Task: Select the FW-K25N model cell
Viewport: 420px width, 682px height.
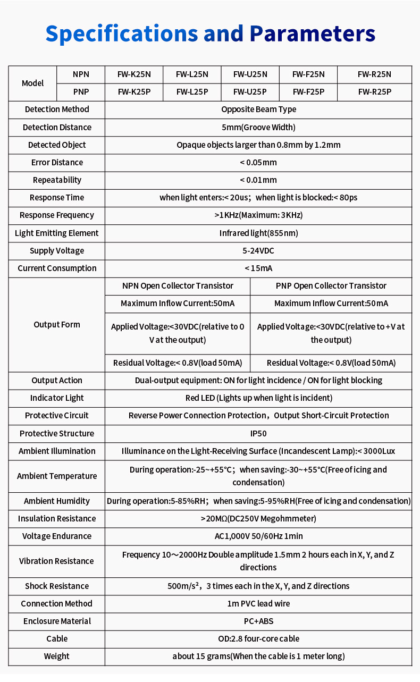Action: click(x=134, y=74)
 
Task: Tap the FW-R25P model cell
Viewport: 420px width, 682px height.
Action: click(x=374, y=92)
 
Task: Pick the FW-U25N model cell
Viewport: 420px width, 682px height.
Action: click(x=250, y=74)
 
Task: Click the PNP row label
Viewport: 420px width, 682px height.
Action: click(x=81, y=92)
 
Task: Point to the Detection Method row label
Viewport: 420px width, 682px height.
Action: click(x=57, y=110)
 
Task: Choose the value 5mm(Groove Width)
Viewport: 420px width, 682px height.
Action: click(x=258, y=127)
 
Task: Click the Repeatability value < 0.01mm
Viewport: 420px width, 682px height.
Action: click(x=258, y=180)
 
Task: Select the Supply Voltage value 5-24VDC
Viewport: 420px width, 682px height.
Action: click(x=258, y=250)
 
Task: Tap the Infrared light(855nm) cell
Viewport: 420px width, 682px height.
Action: click(x=258, y=233)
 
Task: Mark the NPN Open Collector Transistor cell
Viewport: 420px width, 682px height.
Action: click(x=178, y=286)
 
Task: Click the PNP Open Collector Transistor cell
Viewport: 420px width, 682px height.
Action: click(x=331, y=286)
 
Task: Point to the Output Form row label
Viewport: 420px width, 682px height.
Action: click(x=57, y=324)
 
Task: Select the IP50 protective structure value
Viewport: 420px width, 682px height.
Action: click(x=258, y=433)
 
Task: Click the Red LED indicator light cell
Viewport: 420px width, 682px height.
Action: click(x=258, y=398)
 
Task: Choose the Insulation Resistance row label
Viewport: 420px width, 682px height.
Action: click(x=57, y=518)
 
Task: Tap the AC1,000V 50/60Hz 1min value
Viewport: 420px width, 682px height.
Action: click(x=258, y=536)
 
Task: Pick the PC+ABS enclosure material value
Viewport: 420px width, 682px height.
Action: click(x=258, y=621)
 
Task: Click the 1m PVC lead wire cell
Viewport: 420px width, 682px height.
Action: click(x=258, y=603)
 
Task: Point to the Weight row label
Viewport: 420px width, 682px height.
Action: click(x=57, y=656)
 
